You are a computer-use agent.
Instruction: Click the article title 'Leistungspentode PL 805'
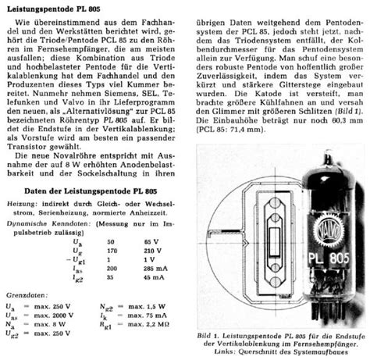pyautogui.click(x=55, y=7)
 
